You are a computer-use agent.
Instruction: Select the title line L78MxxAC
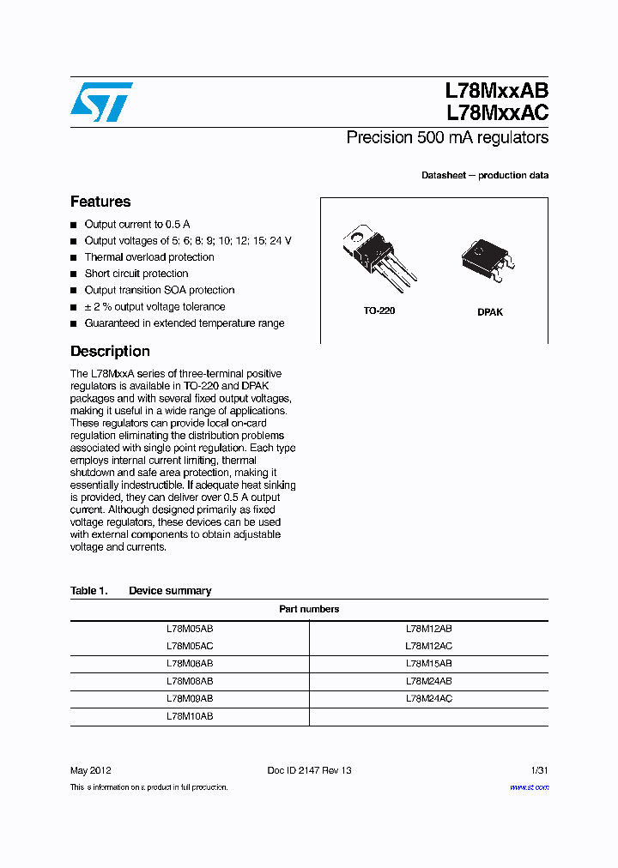(x=496, y=112)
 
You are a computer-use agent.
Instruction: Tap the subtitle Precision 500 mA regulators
(x=447, y=137)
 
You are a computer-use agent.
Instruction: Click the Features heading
(x=100, y=202)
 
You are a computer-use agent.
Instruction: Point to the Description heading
(x=110, y=351)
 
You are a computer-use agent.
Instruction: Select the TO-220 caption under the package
(x=379, y=310)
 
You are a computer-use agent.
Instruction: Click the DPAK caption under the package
(x=490, y=312)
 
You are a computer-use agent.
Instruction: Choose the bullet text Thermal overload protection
(x=149, y=257)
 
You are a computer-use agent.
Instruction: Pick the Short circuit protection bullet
(x=136, y=274)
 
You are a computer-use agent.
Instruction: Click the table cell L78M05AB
(x=190, y=629)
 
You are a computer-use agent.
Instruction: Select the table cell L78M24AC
(x=428, y=699)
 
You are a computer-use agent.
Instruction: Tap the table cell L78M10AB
(x=190, y=716)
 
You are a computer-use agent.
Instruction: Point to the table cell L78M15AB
(x=428, y=664)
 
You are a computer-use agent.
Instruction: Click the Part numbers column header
(x=309, y=609)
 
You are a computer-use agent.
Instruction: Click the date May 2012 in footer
(x=90, y=770)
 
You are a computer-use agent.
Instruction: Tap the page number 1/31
(x=538, y=770)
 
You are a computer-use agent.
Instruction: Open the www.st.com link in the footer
(x=529, y=787)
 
